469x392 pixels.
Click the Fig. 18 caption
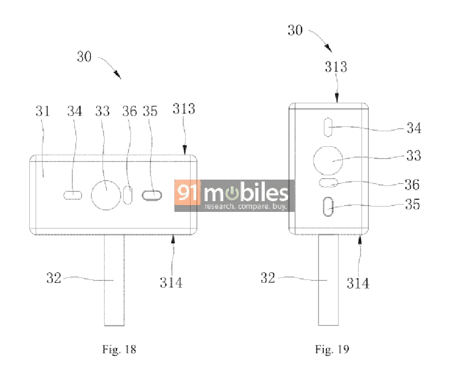(x=119, y=349)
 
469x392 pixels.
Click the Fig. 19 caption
(x=332, y=349)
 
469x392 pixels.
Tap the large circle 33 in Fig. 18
(x=106, y=195)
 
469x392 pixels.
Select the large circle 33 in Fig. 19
(x=328, y=161)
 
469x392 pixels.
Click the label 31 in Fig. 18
(x=43, y=111)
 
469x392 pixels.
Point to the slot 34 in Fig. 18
(x=73, y=195)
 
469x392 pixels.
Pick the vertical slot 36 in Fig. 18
(x=128, y=195)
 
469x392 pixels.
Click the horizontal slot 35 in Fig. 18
(x=151, y=195)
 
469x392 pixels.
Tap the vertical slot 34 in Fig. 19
(x=328, y=127)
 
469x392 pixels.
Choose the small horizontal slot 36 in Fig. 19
(x=328, y=183)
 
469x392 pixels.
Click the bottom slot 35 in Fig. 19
(x=328, y=207)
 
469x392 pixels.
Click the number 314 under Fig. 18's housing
(x=171, y=282)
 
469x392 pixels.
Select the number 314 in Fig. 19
(x=358, y=283)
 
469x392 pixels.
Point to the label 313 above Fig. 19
(x=336, y=67)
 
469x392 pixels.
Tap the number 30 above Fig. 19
(x=295, y=30)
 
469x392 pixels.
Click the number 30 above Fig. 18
(x=84, y=57)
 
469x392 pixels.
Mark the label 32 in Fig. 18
(x=54, y=278)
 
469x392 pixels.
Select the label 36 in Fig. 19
(x=412, y=184)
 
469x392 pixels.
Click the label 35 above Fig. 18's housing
(x=150, y=111)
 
